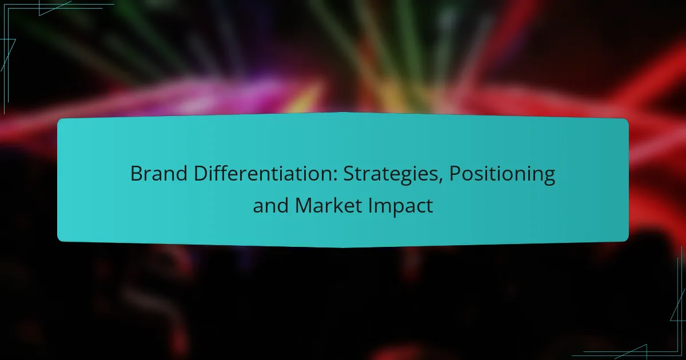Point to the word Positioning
pyautogui.click(x=502, y=174)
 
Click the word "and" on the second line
pyautogui.click(x=271, y=206)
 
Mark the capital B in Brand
pyautogui.click(x=135, y=174)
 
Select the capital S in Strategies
pyautogui.click(x=349, y=174)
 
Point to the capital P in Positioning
pyautogui.click(x=454, y=174)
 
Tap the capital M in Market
pyautogui.click(x=303, y=206)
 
